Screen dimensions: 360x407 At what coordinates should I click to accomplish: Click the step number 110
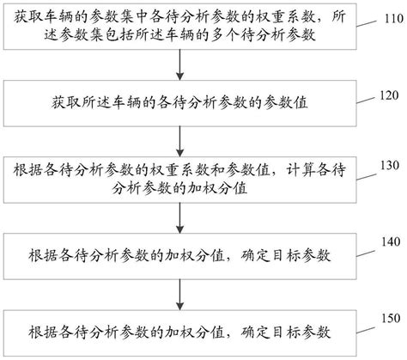(388, 18)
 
